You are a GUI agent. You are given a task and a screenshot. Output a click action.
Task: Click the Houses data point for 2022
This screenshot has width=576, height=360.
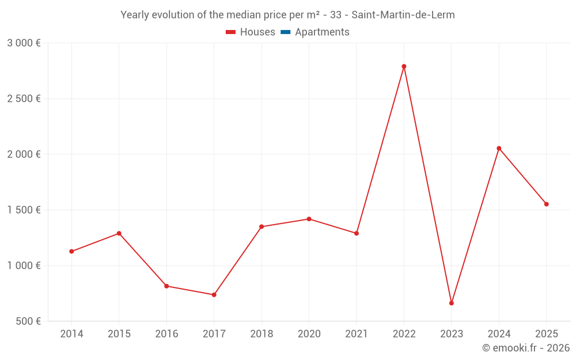coord(404,66)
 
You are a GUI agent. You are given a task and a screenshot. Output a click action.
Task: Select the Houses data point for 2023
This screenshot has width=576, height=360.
coord(452,303)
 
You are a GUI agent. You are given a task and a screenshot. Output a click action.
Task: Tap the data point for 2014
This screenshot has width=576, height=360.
coord(71,251)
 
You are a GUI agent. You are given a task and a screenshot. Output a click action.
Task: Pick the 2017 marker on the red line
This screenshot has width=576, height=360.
coord(214,295)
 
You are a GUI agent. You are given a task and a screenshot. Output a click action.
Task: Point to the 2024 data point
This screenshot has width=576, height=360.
coord(499,148)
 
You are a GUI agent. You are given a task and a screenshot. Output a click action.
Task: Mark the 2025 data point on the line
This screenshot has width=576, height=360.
coord(547,204)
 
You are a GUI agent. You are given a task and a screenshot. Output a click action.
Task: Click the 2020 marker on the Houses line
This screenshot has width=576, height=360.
coord(309,219)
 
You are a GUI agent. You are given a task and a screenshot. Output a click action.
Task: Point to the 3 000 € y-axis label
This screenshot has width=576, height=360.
coord(24,43)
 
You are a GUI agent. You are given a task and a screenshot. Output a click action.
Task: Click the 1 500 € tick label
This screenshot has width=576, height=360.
coord(24,210)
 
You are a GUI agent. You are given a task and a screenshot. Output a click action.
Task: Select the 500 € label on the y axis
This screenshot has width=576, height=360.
coord(28,321)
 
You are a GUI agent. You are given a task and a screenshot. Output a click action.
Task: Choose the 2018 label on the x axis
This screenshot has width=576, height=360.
coord(262,334)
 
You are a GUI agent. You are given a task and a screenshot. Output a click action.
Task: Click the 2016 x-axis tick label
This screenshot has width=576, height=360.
coord(166,334)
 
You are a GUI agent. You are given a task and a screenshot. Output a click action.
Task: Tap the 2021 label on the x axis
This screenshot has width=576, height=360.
coord(357,334)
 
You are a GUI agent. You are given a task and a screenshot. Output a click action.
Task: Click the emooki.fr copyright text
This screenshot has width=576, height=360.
coord(525,348)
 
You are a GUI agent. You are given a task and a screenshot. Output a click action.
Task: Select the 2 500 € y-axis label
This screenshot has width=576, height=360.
coord(24,98)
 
